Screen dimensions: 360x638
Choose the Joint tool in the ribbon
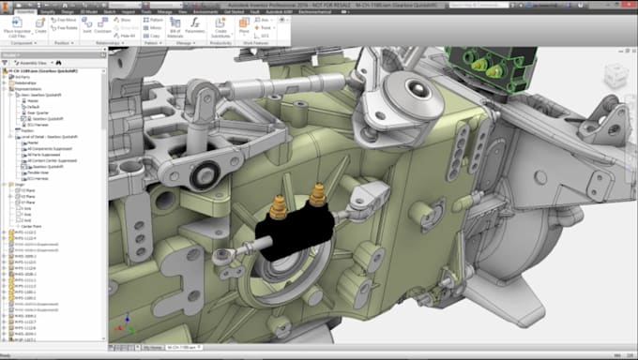tap(86, 29)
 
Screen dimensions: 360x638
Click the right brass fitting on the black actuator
tap(318, 194)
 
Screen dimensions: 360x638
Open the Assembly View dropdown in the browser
tap(38, 62)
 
